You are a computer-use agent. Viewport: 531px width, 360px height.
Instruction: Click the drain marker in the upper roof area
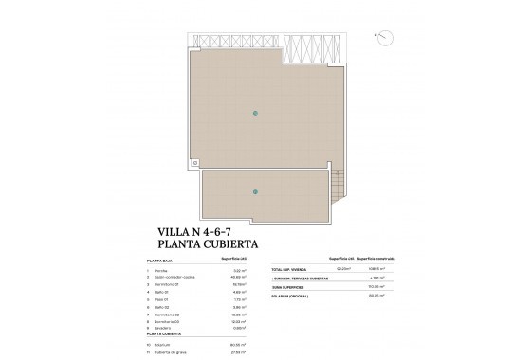[254, 114]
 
